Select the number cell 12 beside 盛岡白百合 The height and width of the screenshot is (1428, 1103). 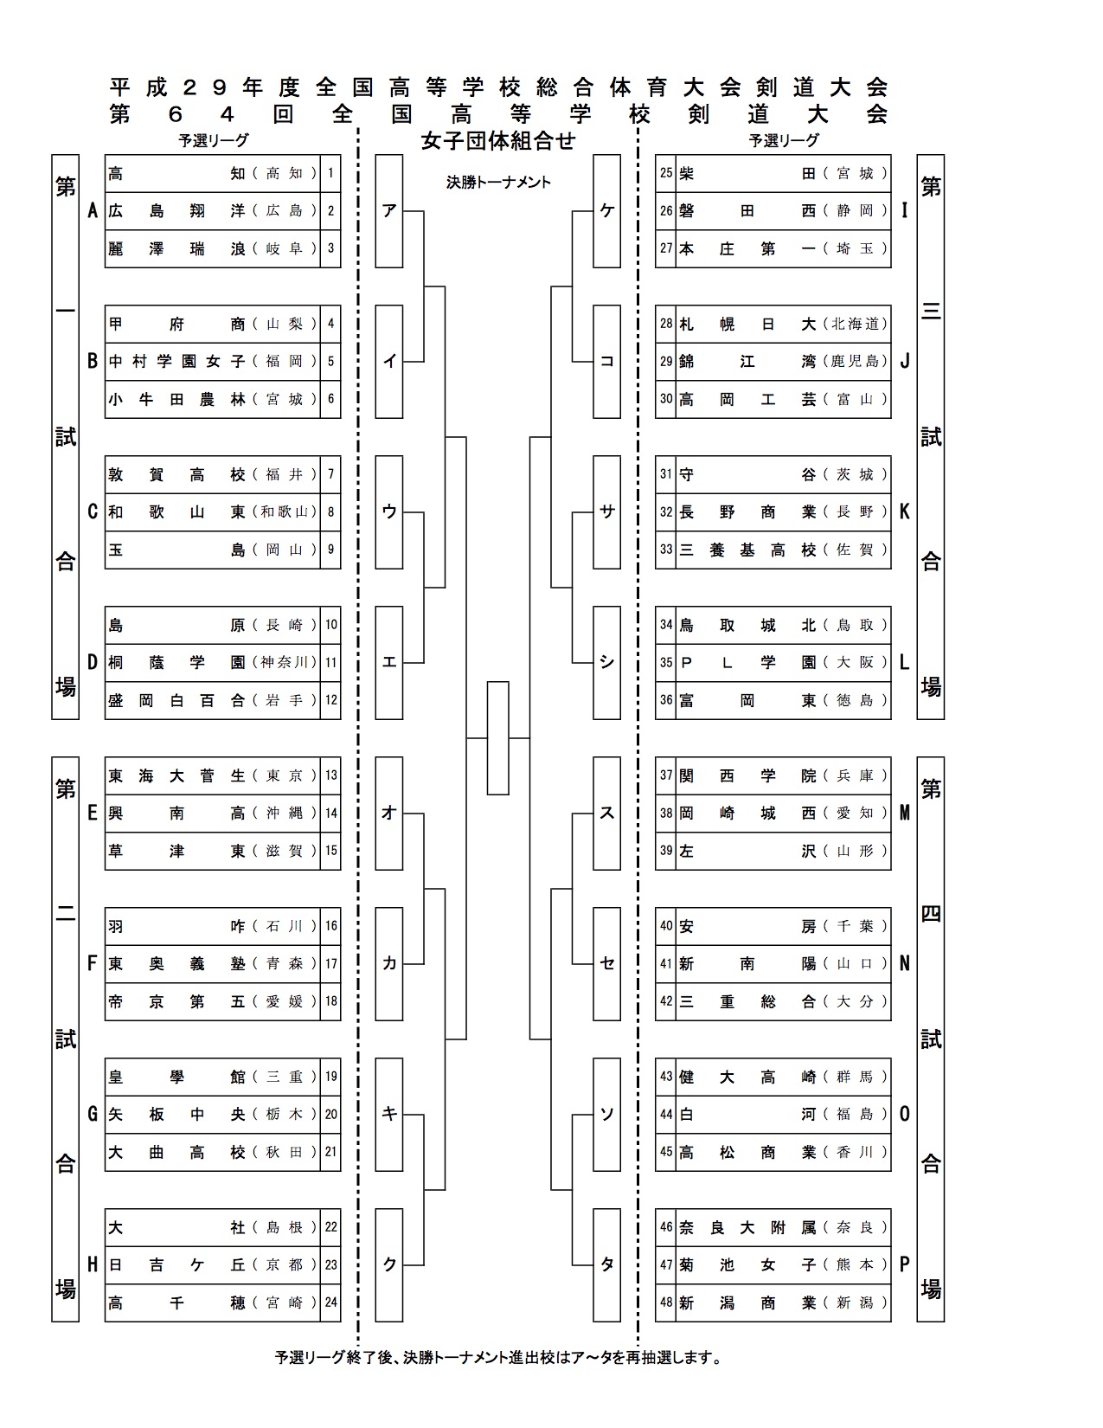point(330,700)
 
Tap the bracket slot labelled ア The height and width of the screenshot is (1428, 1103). point(389,211)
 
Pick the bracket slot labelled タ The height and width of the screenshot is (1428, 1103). point(606,1264)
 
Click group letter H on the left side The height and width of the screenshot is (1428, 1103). point(93,1264)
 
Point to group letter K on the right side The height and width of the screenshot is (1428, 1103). point(904,512)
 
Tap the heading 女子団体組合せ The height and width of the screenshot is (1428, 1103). point(498,140)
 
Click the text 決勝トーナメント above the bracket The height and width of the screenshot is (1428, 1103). point(498,183)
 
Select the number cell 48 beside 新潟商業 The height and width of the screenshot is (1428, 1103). point(666,1303)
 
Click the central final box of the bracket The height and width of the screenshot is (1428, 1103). point(498,738)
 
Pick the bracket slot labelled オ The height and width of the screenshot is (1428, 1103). point(389,814)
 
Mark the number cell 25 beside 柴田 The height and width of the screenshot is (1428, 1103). point(666,173)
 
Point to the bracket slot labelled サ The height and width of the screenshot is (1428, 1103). point(606,512)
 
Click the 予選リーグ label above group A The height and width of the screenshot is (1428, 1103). point(214,140)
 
